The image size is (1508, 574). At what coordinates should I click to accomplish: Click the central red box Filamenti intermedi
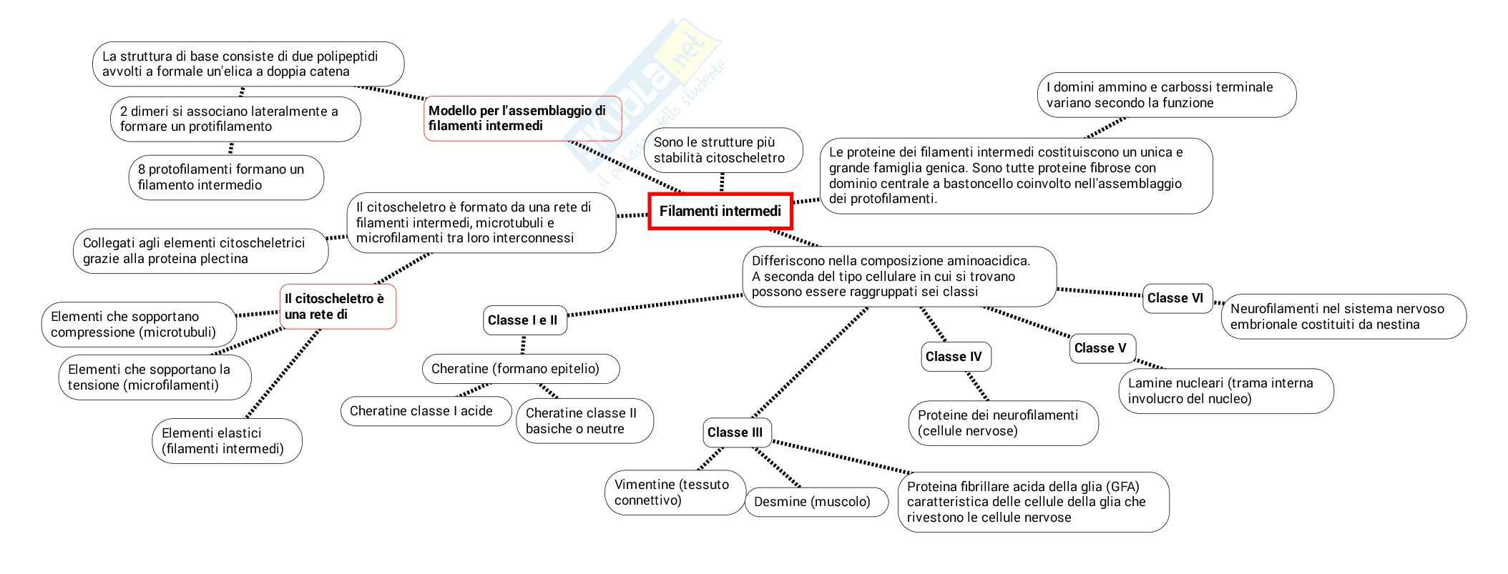(x=720, y=211)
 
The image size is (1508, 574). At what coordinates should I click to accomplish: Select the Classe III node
(x=736, y=432)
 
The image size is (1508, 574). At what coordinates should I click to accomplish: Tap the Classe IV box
(x=955, y=357)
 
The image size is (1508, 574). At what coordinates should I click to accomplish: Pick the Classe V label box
(x=1101, y=348)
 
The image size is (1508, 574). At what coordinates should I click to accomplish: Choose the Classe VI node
(x=1176, y=298)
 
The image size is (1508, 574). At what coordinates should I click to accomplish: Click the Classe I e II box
(x=523, y=320)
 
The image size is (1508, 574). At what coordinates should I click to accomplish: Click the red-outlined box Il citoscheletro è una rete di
(x=337, y=307)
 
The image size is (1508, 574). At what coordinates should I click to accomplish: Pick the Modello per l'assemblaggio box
(x=522, y=118)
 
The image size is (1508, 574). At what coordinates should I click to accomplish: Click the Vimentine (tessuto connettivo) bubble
(x=673, y=492)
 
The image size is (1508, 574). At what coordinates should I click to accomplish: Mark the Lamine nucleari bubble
(x=1225, y=390)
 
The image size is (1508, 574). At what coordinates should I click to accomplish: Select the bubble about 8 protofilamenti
(x=225, y=177)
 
